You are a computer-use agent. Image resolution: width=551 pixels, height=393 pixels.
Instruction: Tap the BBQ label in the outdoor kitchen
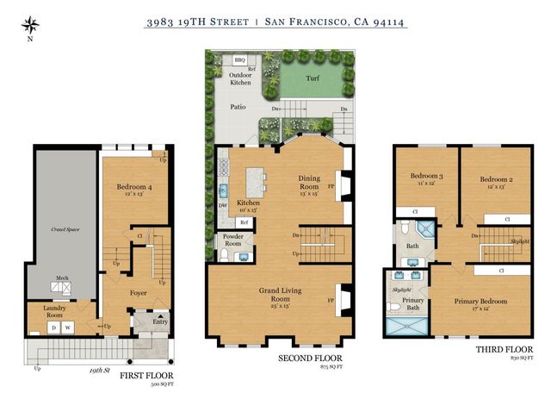tap(240, 60)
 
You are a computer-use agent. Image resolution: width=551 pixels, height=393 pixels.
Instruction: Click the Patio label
tap(238, 107)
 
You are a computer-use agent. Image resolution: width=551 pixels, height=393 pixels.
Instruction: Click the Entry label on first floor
tap(159, 322)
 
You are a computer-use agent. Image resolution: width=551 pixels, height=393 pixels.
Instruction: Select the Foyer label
tap(139, 293)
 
